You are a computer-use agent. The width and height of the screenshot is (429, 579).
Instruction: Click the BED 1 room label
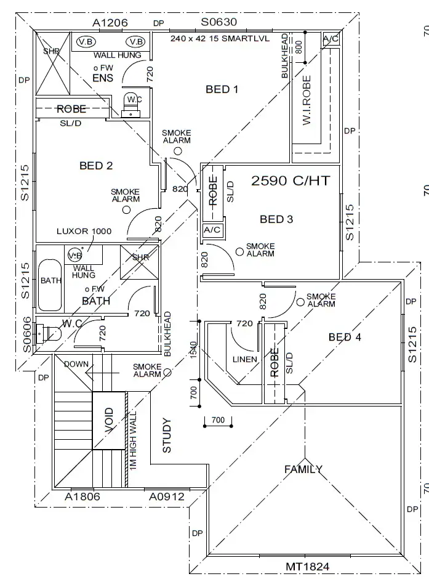pos(222,90)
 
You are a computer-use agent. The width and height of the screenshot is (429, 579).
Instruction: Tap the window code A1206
pos(110,23)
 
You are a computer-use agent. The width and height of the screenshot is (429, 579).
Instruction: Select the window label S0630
pos(219,23)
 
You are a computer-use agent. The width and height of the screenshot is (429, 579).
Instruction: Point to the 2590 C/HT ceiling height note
pos(291,180)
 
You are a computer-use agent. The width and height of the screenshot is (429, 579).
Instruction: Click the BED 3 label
pos(276,219)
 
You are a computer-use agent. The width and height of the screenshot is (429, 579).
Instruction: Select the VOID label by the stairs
pos(109,420)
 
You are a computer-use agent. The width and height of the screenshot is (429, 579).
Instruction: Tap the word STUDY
pos(167,436)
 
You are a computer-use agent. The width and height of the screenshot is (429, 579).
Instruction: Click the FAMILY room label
pos(303,469)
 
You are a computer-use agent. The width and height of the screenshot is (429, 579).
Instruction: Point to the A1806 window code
pos(83,496)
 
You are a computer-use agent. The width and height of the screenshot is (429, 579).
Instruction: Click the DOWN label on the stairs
pos(76,364)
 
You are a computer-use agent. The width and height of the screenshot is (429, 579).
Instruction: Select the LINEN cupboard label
pos(244,359)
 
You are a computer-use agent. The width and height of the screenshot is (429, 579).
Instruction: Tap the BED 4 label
pos(345,337)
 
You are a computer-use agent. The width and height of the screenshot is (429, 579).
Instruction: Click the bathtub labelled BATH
pos(50,285)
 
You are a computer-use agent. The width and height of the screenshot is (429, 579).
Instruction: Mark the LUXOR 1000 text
pos(84,231)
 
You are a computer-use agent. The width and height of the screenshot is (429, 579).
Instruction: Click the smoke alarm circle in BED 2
pos(126,209)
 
